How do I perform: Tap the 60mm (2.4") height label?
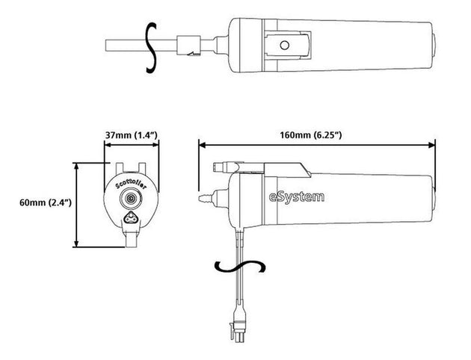42,203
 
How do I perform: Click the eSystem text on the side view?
297,197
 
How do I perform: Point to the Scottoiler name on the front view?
131,182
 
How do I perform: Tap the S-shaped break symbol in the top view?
151,47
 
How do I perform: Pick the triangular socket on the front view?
132,219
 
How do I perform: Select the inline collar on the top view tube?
187,47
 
